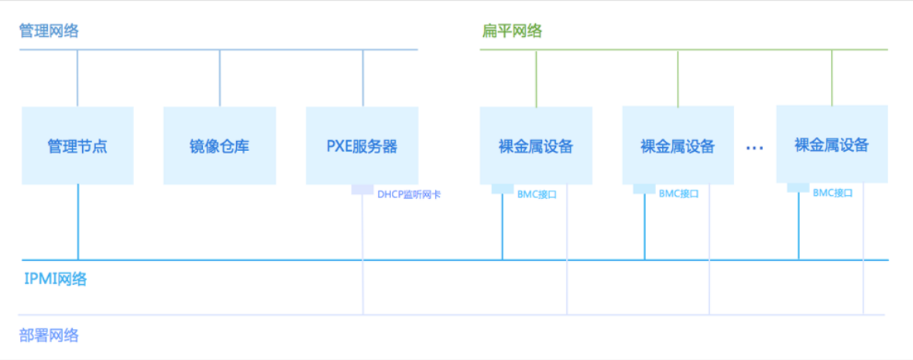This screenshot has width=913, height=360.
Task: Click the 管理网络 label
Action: [49, 32]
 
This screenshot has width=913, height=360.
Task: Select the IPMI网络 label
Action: [55, 279]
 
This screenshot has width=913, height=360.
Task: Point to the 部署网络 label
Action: [49, 335]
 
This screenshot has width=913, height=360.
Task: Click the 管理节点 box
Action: [77, 146]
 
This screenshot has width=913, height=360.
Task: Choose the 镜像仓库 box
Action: [219, 146]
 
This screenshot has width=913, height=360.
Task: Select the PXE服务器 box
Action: [362, 146]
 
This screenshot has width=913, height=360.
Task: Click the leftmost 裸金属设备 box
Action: [536, 146]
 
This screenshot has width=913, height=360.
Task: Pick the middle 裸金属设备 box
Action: [678, 146]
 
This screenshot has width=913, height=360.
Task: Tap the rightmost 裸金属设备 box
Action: [832, 145]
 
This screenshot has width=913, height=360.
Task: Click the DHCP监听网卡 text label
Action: [409, 194]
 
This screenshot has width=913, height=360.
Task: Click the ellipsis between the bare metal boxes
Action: [755, 147]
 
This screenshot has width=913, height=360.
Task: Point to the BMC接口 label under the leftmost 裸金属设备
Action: [537, 194]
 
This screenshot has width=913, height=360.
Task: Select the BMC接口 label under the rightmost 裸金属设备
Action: [832, 193]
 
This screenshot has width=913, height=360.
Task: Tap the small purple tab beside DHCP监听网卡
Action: [362, 190]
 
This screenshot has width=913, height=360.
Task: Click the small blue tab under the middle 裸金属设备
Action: [644, 189]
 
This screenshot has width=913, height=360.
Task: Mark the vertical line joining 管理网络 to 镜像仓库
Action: [220, 78]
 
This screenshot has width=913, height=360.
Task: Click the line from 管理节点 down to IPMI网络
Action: [78, 222]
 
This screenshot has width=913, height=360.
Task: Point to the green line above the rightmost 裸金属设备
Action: [832, 78]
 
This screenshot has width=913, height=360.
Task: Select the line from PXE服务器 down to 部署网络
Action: [363, 255]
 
